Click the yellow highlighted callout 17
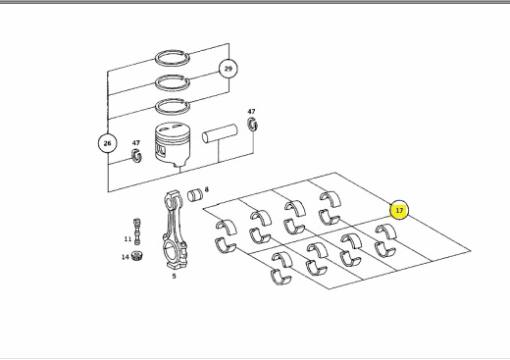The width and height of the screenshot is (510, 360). [x=399, y=210]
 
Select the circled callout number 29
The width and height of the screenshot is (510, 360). [x=228, y=69]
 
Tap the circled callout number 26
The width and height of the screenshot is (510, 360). [x=107, y=143]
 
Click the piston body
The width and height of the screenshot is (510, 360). [x=172, y=144]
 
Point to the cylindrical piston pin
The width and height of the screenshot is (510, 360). [x=220, y=133]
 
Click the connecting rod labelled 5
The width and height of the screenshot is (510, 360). [x=175, y=230]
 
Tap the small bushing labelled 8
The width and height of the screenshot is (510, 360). [x=195, y=195]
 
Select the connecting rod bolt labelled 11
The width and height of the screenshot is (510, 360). [x=137, y=231]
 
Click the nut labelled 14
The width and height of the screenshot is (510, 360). [x=137, y=255]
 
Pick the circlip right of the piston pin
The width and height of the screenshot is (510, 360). [x=252, y=125]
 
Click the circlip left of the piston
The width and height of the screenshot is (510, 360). [x=136, y=155]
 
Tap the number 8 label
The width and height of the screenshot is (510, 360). [x=206, y=189]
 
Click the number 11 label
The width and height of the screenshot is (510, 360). [x=127, y=239]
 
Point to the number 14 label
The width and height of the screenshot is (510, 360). [x=126, y=257]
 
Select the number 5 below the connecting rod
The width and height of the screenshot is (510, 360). [x=174, y=276]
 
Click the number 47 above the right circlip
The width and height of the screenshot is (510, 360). [x=251, y=112]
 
